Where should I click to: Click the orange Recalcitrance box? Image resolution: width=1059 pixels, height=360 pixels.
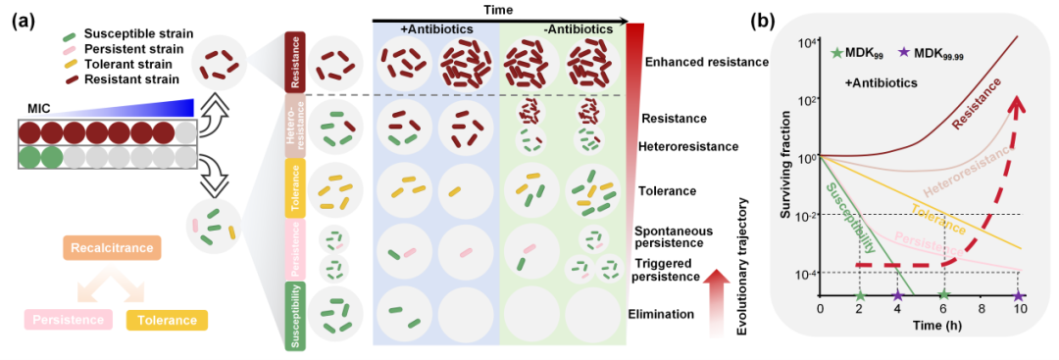click(112, 249)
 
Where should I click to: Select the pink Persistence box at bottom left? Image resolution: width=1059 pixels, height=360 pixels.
click(68, 319)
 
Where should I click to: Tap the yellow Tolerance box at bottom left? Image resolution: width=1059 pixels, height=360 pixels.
click(165, 319)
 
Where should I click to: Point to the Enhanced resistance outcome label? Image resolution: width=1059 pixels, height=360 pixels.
click(707, 62)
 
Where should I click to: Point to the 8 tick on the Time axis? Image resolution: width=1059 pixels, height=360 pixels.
click(980, 309)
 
